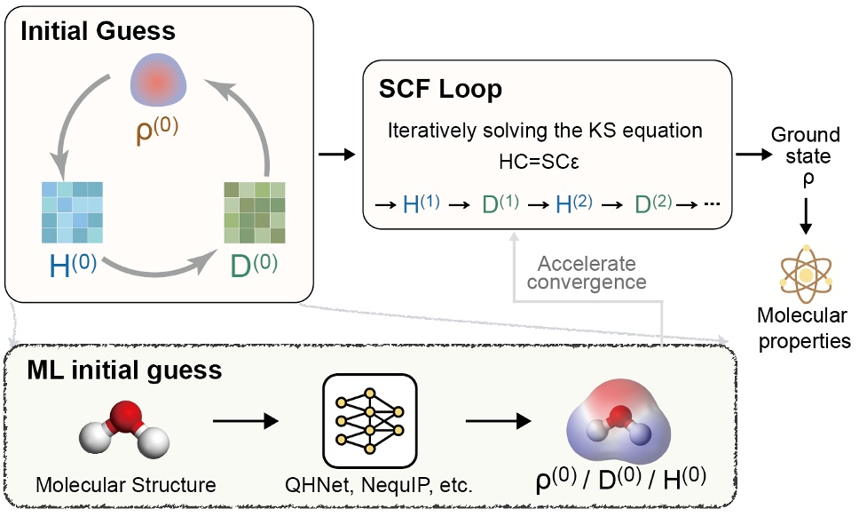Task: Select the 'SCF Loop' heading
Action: (x=441, y=90)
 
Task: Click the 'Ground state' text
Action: (x=805, y=145)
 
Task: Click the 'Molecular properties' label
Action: (x=805, y=328)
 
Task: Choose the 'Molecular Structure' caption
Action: (x=126, y=486)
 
